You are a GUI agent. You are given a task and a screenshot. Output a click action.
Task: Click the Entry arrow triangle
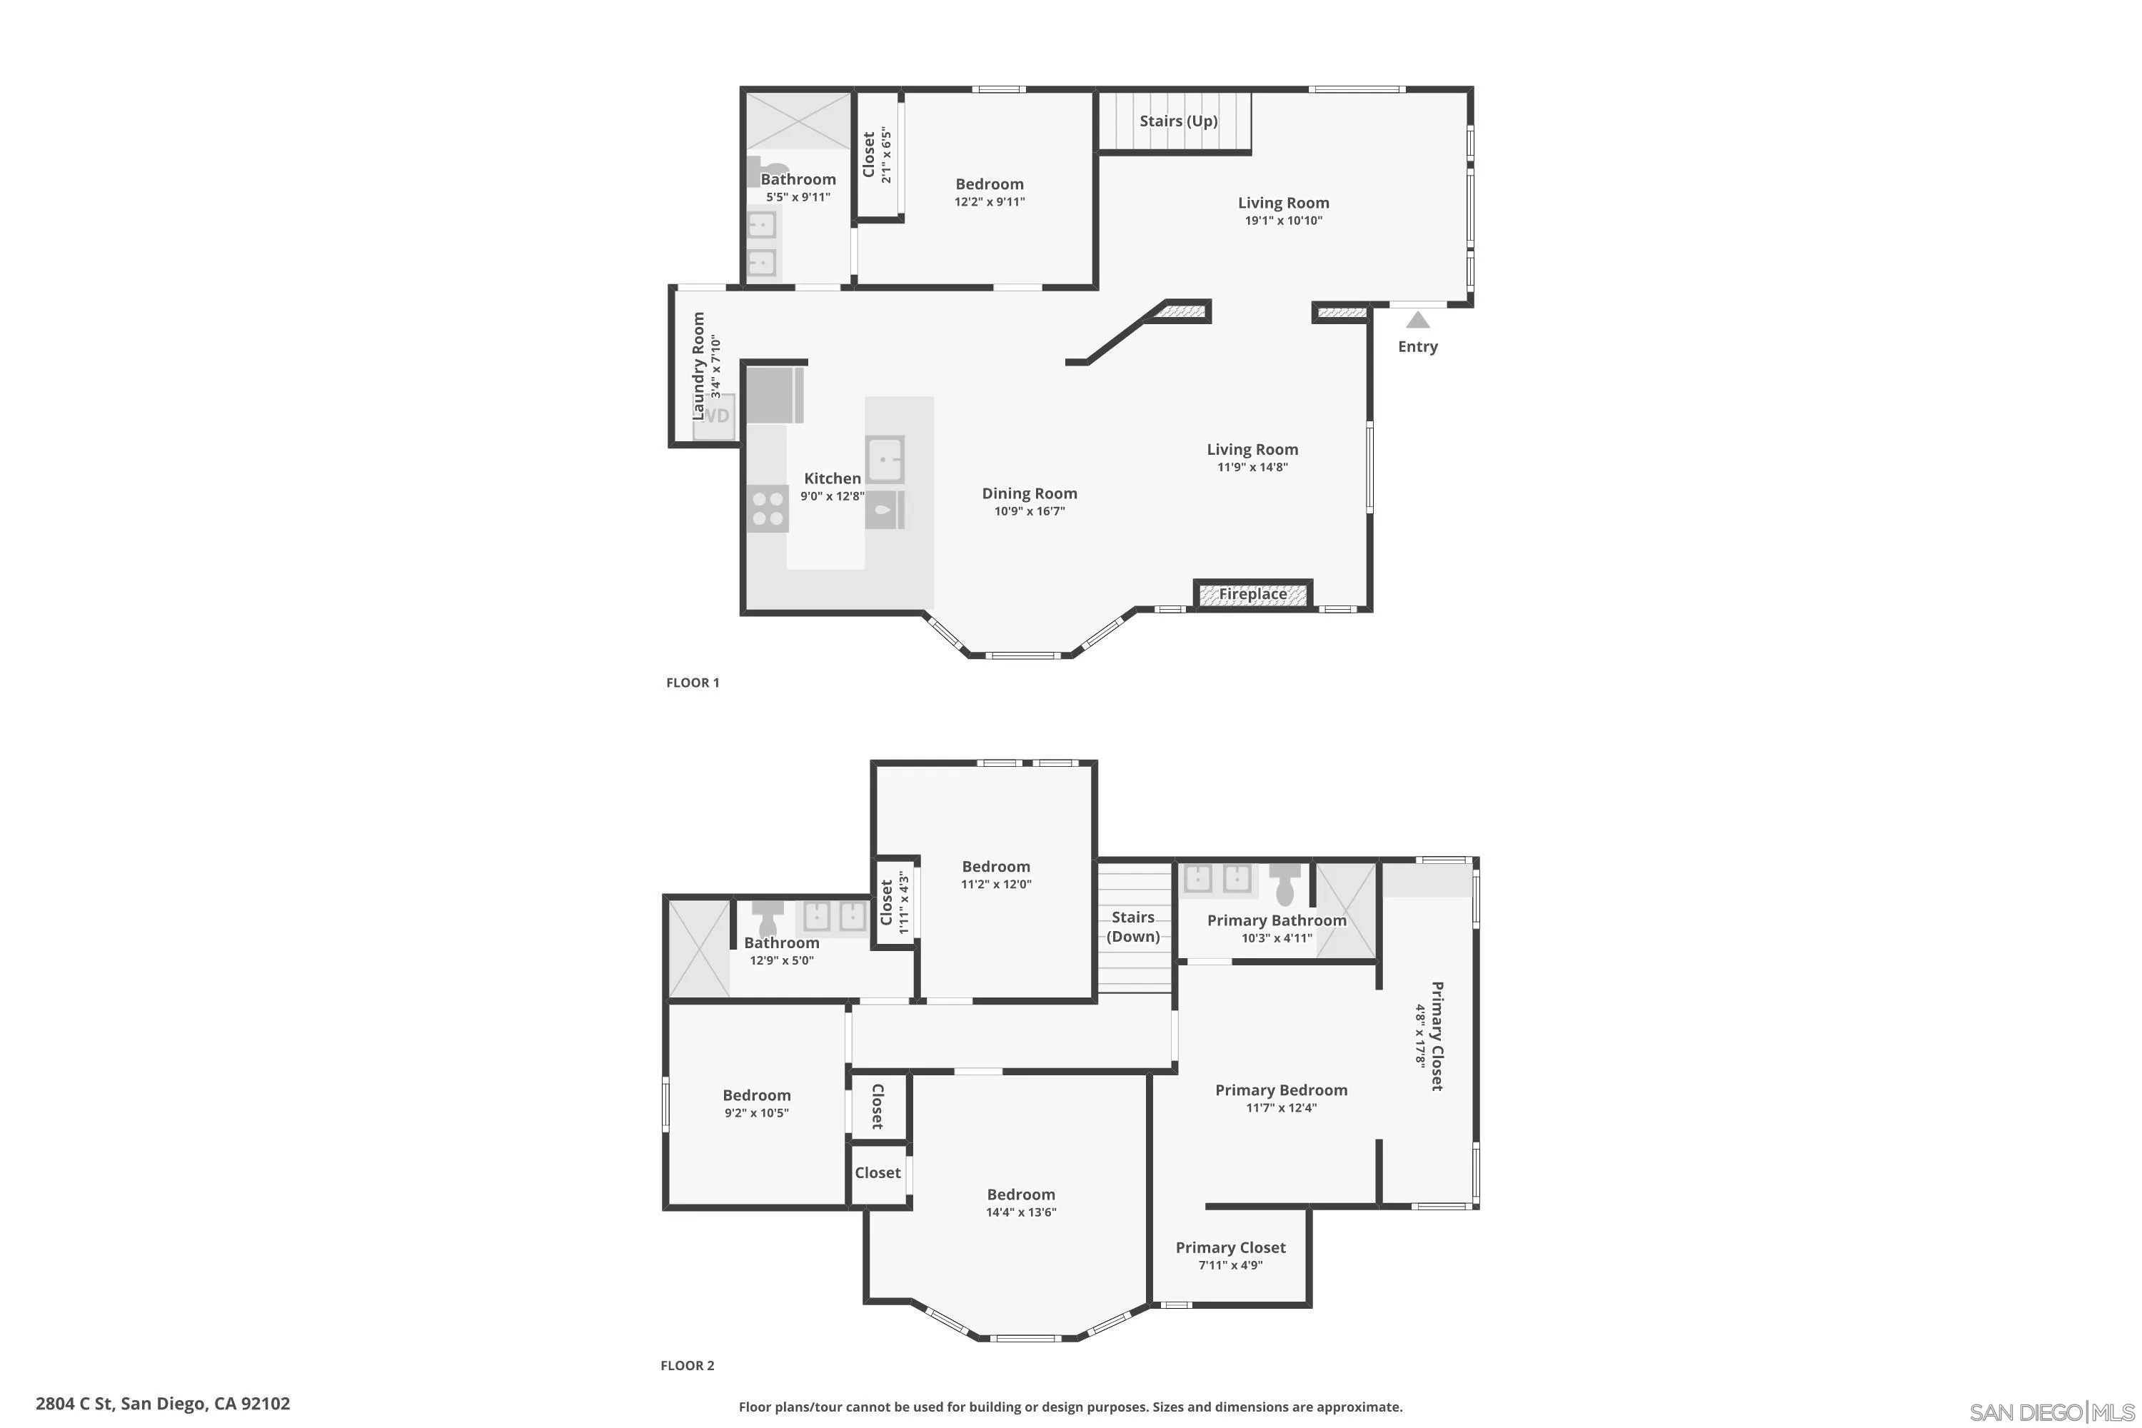[x=1417, y=320]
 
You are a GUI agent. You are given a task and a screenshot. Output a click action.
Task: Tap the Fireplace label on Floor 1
[x=1252, y=594]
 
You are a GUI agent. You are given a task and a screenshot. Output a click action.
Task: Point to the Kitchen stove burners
[x=767, y=509]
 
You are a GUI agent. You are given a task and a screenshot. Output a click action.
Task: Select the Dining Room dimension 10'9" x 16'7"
[x=1029, y=511]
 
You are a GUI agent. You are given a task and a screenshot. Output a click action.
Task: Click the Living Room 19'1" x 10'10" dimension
[x=1282, y=221]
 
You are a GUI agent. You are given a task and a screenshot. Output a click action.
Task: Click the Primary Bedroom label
[x=1280, y=1090]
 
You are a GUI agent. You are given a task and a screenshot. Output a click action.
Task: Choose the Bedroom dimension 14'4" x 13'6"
[x=1020, y=1212]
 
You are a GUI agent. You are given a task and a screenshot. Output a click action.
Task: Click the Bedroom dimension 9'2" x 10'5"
[x=756, y=1113]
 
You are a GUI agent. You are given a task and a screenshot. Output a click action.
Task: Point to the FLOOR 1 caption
[x=692, y=682]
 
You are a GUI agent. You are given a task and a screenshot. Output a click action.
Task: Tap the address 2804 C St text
[x=162, y=1404]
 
